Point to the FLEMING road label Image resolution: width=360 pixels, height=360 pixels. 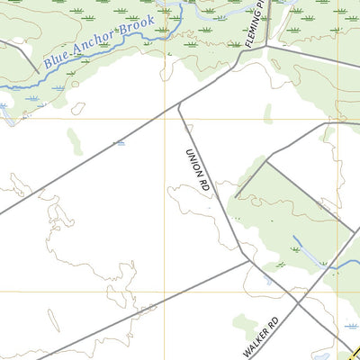click(254, 25)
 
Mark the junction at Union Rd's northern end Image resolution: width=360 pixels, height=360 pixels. click(179, 105)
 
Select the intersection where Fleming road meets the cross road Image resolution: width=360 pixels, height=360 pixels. click(266, 47)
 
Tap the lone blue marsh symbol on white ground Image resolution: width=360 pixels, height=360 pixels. click(120, 143)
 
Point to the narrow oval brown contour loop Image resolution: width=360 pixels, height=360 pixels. click(78, 108)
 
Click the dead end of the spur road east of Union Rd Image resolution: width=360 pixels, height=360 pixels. click(236, 196)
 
